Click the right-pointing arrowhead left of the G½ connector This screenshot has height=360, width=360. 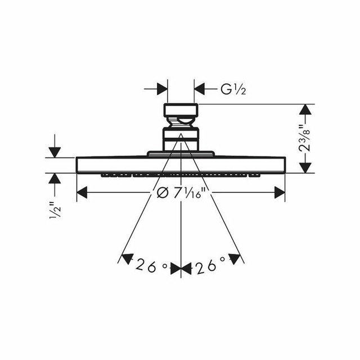pos(162,88)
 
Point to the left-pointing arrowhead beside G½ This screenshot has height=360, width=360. pos(200,88)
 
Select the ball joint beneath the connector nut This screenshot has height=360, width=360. pos(181,121)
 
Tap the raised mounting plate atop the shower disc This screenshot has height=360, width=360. pos(181,153)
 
